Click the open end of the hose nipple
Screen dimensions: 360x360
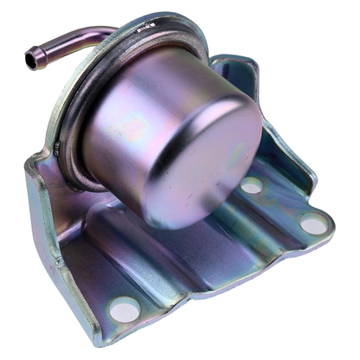(33, 60)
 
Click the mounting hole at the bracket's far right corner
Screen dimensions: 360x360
(313, 225)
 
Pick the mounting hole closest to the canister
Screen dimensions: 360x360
(251, 185)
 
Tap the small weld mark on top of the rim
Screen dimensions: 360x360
(146, 27)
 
